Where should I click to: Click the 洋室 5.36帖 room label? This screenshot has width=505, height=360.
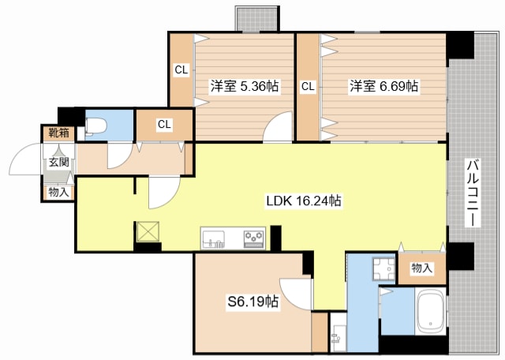click(x=245, y=86)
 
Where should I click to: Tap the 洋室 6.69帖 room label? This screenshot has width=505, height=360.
click(x=384, y=86)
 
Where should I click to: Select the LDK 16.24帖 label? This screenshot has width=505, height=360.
click(x=304, y=201)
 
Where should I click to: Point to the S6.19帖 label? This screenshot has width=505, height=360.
click(x=253, y=302)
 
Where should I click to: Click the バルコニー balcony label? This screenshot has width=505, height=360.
click(x=473, y=193)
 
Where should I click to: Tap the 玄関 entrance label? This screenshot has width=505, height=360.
click(x=59, y=162)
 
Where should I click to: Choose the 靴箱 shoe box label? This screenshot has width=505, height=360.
click(x=58, y=133)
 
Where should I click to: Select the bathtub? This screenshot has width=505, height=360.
click(x=430, y=311)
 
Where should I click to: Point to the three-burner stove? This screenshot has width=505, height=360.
click(x=254, y=239)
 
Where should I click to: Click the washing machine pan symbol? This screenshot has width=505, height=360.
click(x=383, y=268)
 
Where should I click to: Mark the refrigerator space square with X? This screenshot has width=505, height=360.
click(x=148, y=231)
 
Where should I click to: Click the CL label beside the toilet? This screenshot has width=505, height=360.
click(x=164, y=124)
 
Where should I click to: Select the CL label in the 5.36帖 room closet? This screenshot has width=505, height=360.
click(x=181, y=69)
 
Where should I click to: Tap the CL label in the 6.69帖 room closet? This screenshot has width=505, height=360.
click(x=308, y=86)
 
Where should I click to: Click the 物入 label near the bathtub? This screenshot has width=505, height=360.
click(x=421, y=268)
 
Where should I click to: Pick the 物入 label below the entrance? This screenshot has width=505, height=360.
click(x=58, y=193)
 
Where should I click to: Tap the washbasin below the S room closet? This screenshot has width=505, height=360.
click(x=338, y=337)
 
